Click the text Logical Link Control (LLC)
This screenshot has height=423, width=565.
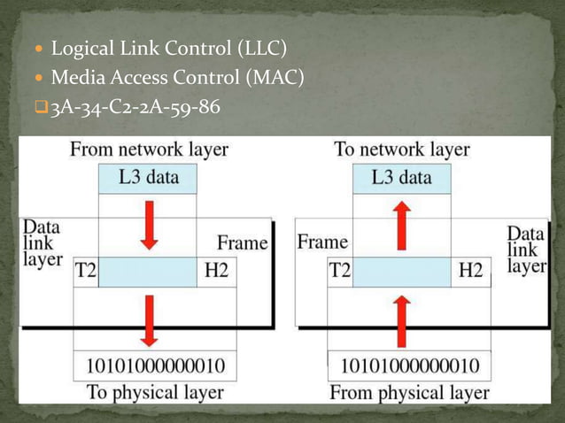click(x=168, y=47)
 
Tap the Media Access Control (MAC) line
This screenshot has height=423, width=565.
click(x=177, y=78)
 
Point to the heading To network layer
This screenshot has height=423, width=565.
click(x=402, y=150)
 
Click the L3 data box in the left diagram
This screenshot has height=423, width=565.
click(x=148, y=178)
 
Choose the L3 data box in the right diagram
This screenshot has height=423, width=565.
click(x=402, y=178)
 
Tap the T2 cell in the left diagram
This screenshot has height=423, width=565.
click(x=84, y=271)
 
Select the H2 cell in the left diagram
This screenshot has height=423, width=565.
click(x=216, y=271)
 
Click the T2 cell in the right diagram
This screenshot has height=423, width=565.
click(x=340, y=271)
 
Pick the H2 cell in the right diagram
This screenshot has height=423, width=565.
click(x=470, y=271)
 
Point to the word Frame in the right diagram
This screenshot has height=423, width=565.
click(x=322, y=242)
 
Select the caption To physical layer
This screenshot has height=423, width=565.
click(x=154, y=391)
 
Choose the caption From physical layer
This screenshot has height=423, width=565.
click(x=408, y=391)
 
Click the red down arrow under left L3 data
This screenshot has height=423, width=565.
click(x=149, y=224)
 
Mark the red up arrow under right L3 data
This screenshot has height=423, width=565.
click(x=402, y=224)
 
